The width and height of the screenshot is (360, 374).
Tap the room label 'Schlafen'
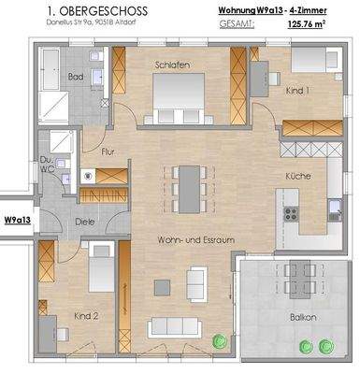point(174,65)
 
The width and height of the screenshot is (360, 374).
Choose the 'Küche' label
point(299,175)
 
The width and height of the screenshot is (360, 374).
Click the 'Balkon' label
point(303,318)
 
